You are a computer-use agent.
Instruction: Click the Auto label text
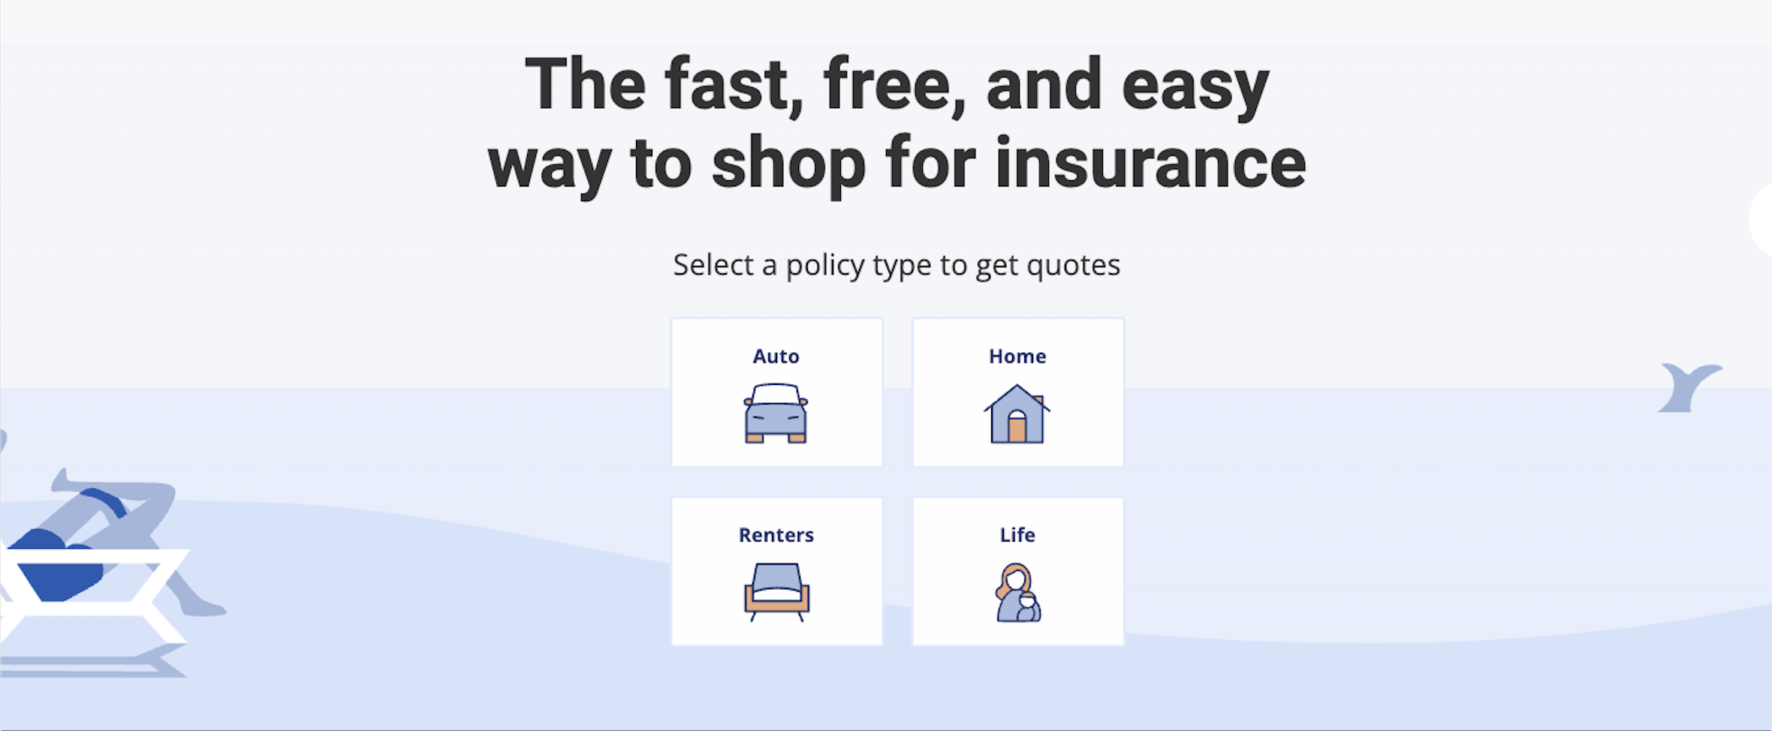click(776, 356)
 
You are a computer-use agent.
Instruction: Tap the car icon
click(776, 414)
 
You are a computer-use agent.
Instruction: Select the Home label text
click(1017, 356)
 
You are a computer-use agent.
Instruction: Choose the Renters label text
click(776, 535)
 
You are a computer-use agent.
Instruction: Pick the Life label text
click(1017, 535)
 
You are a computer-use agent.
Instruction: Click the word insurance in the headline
click(1150, 164)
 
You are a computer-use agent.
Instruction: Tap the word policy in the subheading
click(824, 266)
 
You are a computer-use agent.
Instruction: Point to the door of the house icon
click(1017, 429)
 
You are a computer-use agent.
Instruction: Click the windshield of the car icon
click(776, 395)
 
